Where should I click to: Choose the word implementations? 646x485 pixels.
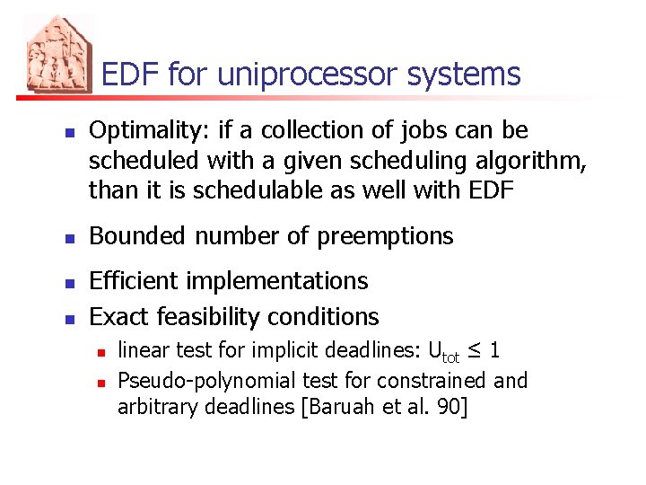coord(285,282)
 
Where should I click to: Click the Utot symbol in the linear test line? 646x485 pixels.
coord(444,351)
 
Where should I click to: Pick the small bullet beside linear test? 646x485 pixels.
coord(100,351)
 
